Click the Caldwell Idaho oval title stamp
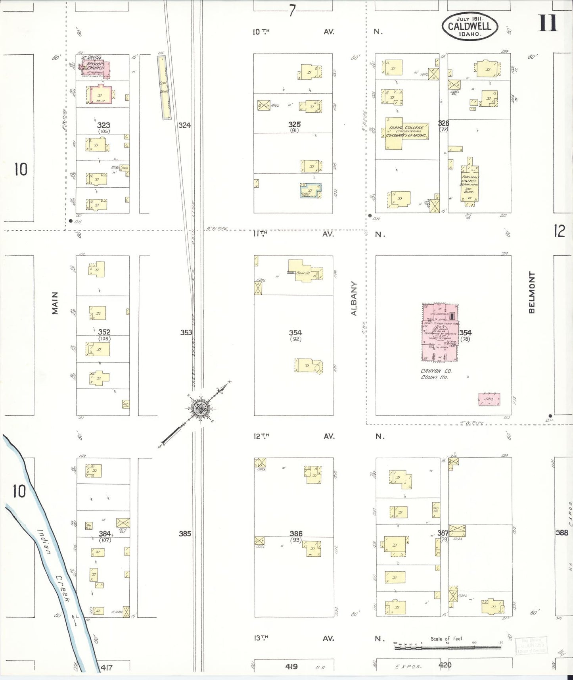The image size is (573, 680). coord(470,26)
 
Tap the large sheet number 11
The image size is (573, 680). coord(548,23)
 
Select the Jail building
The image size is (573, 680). coord(489,399)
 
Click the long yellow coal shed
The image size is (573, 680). coord(164,87)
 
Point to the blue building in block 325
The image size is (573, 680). coord(310,190)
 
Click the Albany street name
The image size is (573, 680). coord(354,298)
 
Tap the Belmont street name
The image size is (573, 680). coord(532,292)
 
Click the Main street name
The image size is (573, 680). coord(55,303)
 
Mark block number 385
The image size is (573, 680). coord(185,534)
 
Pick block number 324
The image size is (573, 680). coord(184,125)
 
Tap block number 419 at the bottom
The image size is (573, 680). coord(291,667)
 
